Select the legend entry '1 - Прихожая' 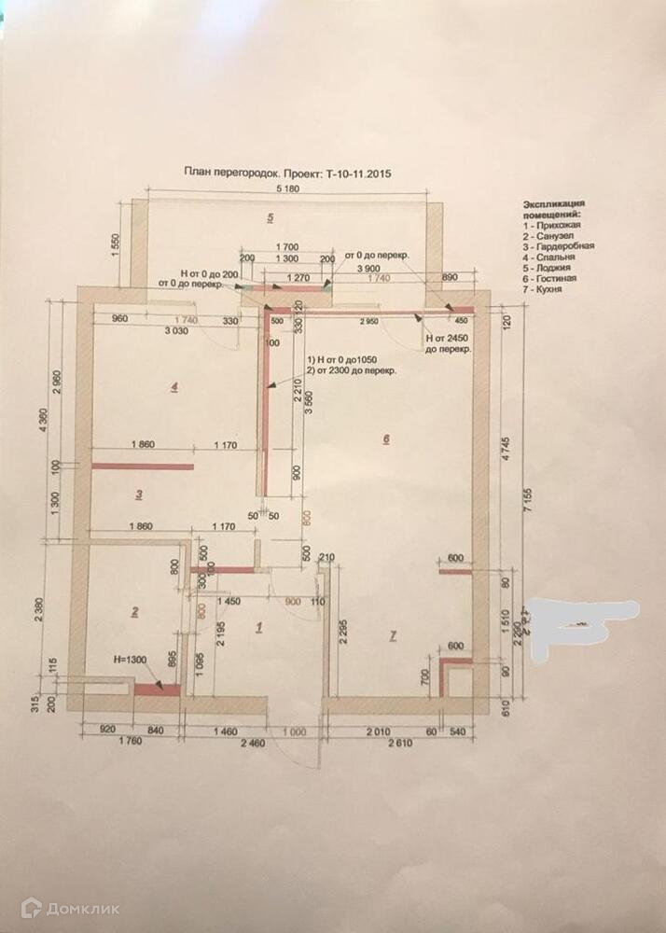click(552, 226)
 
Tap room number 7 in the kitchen click(393, 635)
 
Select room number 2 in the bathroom click(135, 612)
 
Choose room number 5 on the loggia click(271, 218)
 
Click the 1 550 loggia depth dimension click(116, 242)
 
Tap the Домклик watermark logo click(71, 907)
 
